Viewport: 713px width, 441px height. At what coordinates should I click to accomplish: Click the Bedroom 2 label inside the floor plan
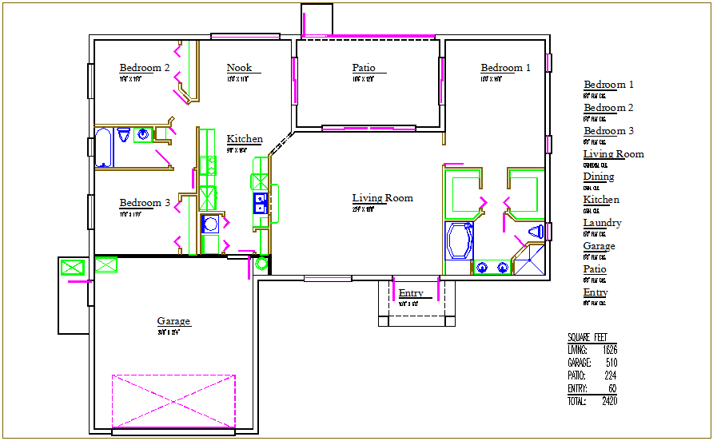coord(144,68)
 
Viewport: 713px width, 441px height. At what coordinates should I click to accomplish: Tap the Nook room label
coord(238,68)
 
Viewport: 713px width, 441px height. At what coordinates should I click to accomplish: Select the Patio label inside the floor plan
coord(364,68)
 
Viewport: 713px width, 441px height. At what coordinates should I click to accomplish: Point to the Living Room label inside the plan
coord(382,198)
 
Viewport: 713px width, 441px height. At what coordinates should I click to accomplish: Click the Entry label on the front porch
coord(411,293)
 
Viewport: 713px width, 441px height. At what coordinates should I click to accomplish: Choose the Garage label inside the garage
coord(173,321)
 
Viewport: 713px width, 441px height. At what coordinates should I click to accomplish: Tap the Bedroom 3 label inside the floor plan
coord(144,203)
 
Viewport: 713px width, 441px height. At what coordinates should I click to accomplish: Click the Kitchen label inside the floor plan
coord(244,139)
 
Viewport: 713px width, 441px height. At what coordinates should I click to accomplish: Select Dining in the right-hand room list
coord(599,177)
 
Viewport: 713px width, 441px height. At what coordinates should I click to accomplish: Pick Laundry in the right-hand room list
coord(602,223)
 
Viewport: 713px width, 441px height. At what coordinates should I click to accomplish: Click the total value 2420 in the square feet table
coord(609,401)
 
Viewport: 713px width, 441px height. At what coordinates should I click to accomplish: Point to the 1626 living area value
coord(609,350)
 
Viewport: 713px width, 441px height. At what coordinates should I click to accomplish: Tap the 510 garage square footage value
coord(611,363)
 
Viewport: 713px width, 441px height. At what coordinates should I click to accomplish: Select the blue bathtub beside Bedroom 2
coord(104,147)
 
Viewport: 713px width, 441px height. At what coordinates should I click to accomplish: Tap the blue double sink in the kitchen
coord(260,203)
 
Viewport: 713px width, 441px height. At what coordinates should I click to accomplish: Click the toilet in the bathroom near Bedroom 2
coord(124,137)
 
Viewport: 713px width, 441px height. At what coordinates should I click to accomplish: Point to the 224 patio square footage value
coord(611,375)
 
